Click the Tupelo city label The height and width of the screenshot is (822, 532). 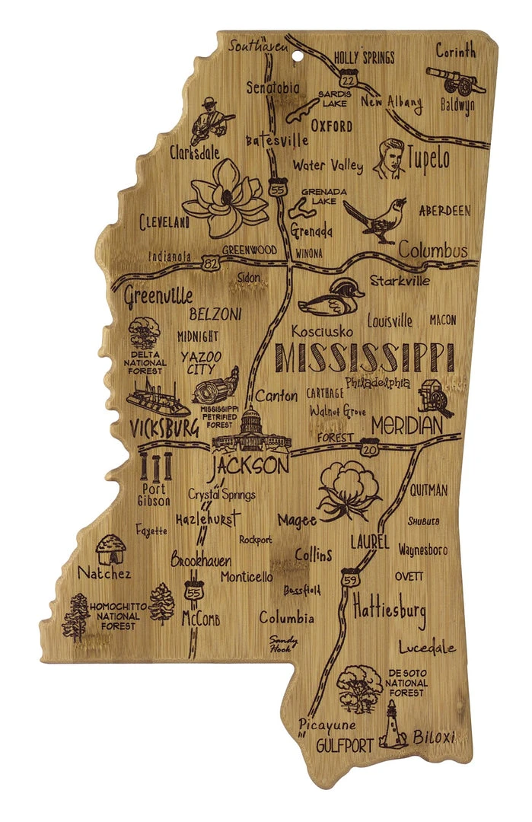pos(429,158)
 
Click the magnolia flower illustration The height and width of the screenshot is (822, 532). pos(226,195)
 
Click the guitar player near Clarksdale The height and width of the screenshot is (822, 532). pos(208,119)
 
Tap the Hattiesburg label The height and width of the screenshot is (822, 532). pos(389,610)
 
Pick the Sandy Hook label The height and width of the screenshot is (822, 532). pos(282,644)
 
